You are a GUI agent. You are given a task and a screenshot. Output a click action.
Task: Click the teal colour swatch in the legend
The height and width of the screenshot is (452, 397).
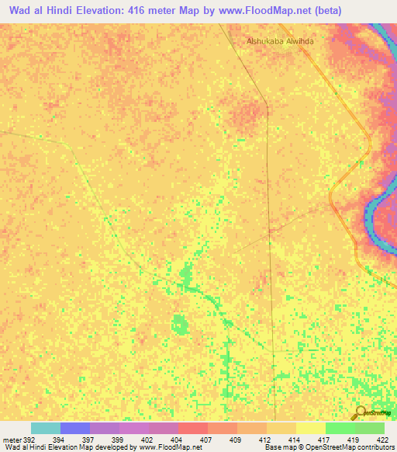click(x=46, y=428)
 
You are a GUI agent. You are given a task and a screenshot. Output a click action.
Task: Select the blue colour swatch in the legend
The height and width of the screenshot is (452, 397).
click(x=75, y=428)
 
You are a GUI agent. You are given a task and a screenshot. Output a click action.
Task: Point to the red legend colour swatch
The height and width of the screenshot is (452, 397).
click(x=192, y=428)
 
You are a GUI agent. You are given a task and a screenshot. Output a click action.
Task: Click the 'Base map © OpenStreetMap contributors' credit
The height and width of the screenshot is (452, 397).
click(x=329, y=447)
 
